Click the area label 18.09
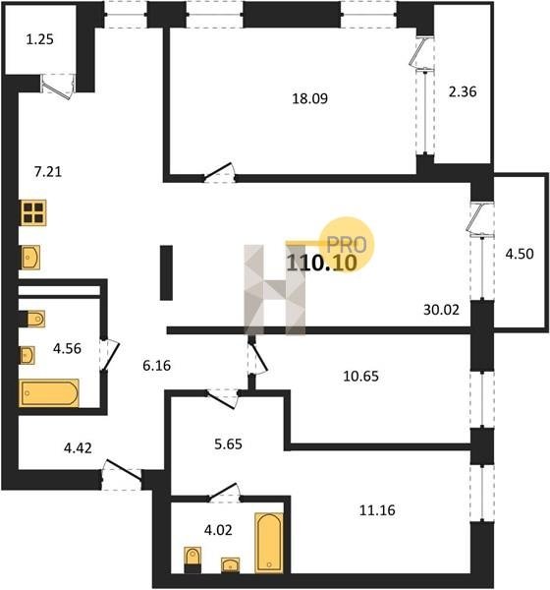(309, 98)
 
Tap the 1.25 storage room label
(40, 39)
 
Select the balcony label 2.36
(463, 91)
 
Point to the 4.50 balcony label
(520, 254)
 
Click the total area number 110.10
(321, 263)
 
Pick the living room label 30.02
(441, 310)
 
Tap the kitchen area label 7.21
(48, 172)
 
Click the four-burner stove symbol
(33, 212)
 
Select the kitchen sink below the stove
(30, 258)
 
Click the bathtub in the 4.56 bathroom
(49, 393)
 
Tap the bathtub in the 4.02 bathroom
(269, 543)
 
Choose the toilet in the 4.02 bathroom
(192, 560)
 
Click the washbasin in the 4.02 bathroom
(231, 564)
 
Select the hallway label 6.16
(157, 365)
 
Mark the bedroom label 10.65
(360, 376)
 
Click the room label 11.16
(377, 510)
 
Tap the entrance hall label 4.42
(78, 448)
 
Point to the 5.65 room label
(228, 444)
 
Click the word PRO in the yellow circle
(347, 245)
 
